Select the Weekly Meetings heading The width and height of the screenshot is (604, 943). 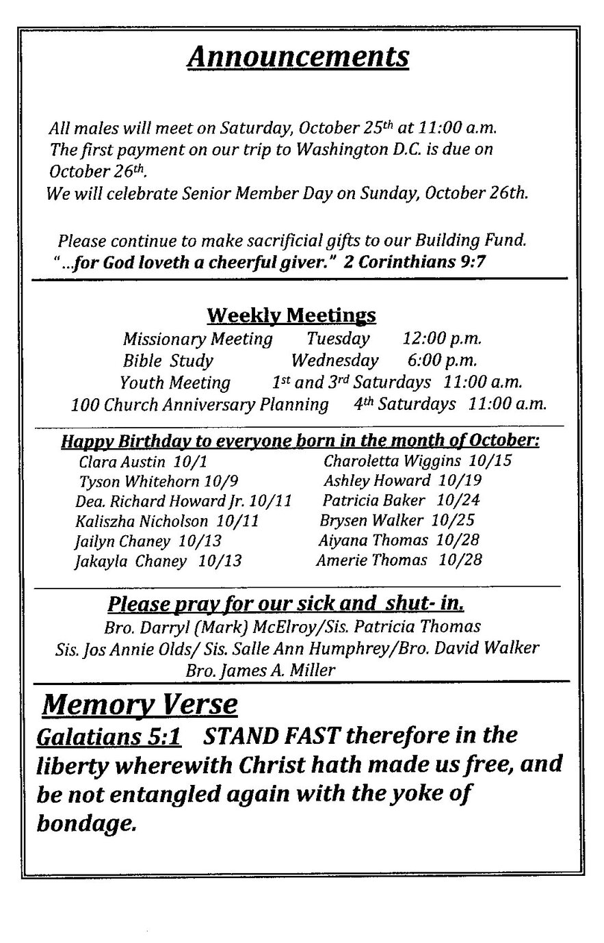click(291, 315)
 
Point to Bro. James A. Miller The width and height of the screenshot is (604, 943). click(261, 670)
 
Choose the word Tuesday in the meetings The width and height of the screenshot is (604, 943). click(338, 338)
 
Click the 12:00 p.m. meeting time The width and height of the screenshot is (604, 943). click(442, 338)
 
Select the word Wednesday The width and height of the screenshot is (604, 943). click(334, 360)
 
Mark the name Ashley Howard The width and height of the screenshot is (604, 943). click(377, 480)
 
